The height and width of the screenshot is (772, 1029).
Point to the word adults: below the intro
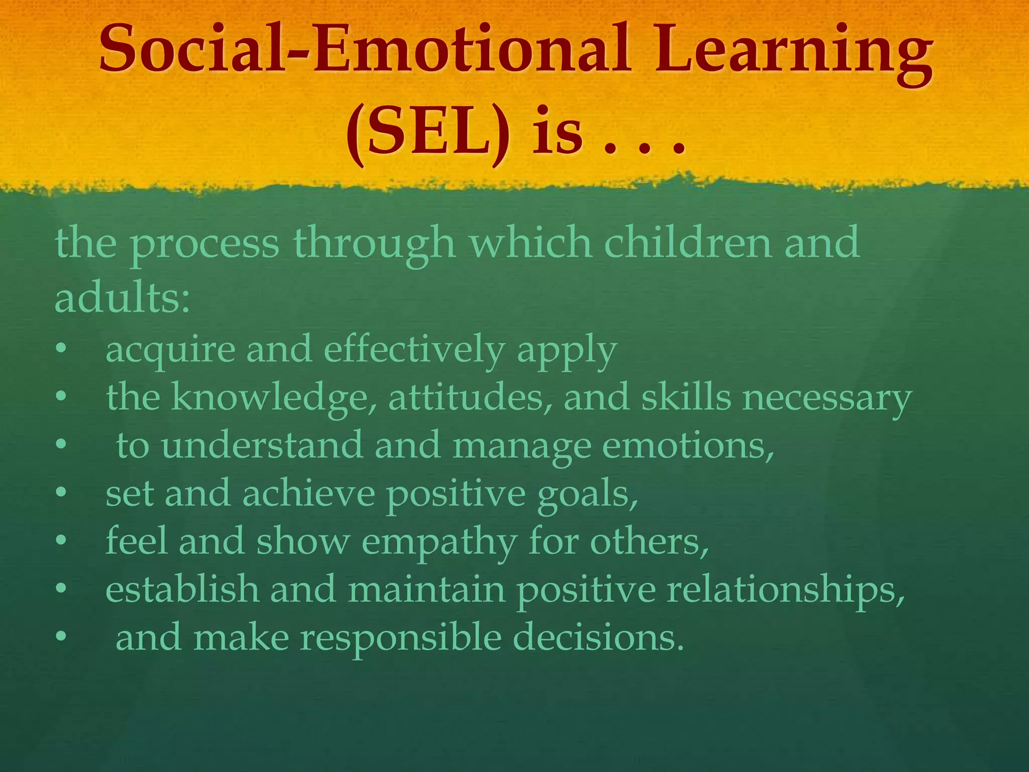click(122, 298)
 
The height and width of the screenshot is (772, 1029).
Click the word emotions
click(688, 445)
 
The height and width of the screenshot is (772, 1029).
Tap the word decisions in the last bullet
click(598, 637)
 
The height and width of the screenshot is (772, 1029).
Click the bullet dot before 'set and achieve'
click(61, 494)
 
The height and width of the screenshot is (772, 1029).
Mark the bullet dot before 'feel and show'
click(61, 541)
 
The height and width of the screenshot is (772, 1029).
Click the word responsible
click(401, 637)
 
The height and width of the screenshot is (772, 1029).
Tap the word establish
click(182, 589)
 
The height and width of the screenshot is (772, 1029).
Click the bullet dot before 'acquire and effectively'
click(61, 349)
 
